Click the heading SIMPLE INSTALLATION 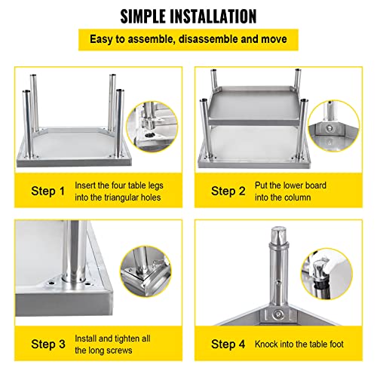click(188, 16)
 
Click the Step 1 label click(42, 191)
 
